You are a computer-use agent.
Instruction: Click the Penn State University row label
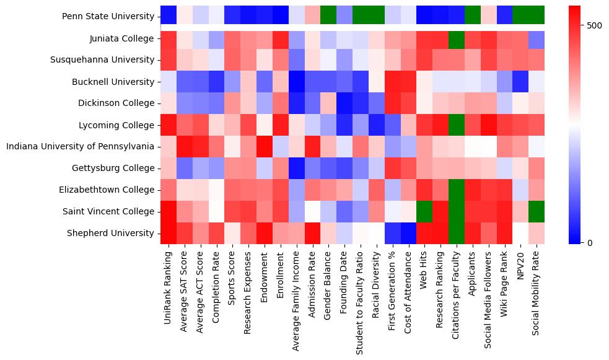(108, 17)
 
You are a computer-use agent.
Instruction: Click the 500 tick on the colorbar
(594, 25)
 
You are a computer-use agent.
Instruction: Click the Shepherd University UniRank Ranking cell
(168, 234)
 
